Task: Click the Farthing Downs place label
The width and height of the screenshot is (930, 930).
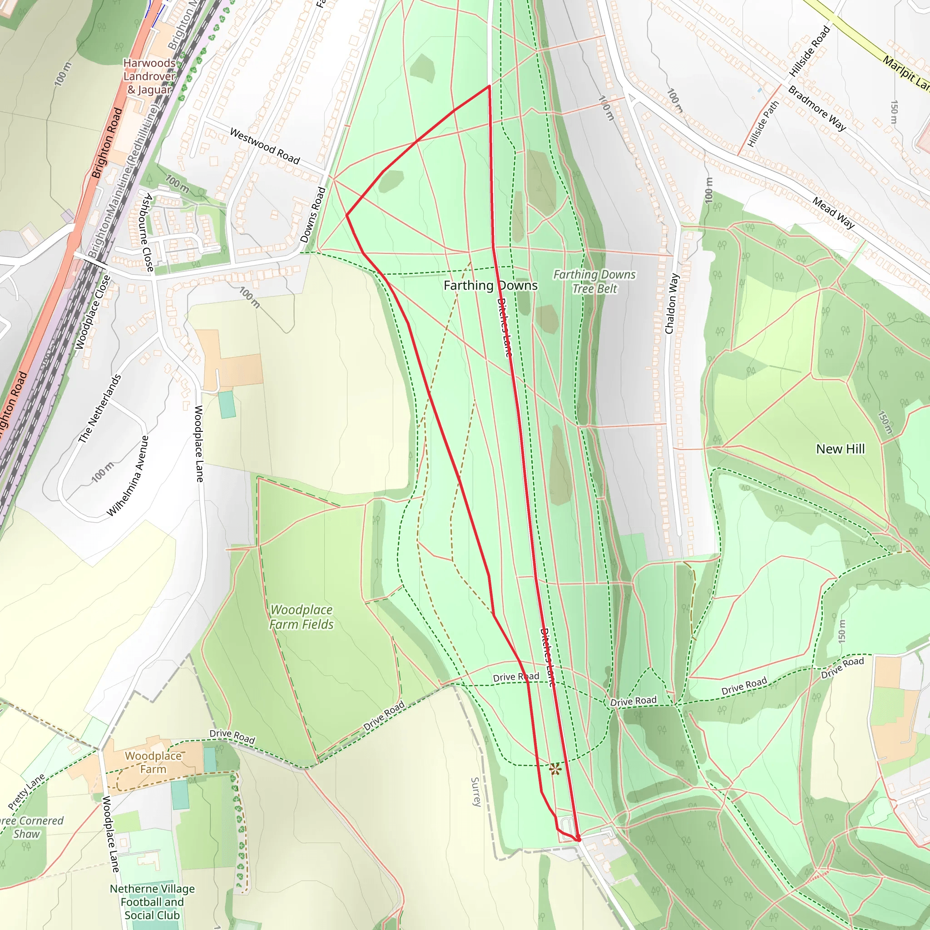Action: (490, 286)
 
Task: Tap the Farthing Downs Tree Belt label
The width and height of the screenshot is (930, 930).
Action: (594, 282)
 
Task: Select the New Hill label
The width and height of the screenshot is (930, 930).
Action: (840, 449)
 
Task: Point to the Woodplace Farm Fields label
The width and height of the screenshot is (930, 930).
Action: (302, 617)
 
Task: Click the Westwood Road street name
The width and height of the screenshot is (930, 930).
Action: (265, 146)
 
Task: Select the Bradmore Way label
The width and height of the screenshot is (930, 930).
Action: (817, 109)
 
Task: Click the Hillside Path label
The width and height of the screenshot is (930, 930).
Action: (763, 124)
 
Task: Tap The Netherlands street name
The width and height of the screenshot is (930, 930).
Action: (99, 409)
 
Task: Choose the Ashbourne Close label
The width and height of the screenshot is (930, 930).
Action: (147, 232)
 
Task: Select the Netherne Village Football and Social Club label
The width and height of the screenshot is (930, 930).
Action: (152, 902)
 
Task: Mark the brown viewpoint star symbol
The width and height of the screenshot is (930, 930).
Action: (555, 769)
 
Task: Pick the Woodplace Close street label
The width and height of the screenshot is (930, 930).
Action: (93, 312)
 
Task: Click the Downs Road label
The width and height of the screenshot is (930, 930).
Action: (313, 215)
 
